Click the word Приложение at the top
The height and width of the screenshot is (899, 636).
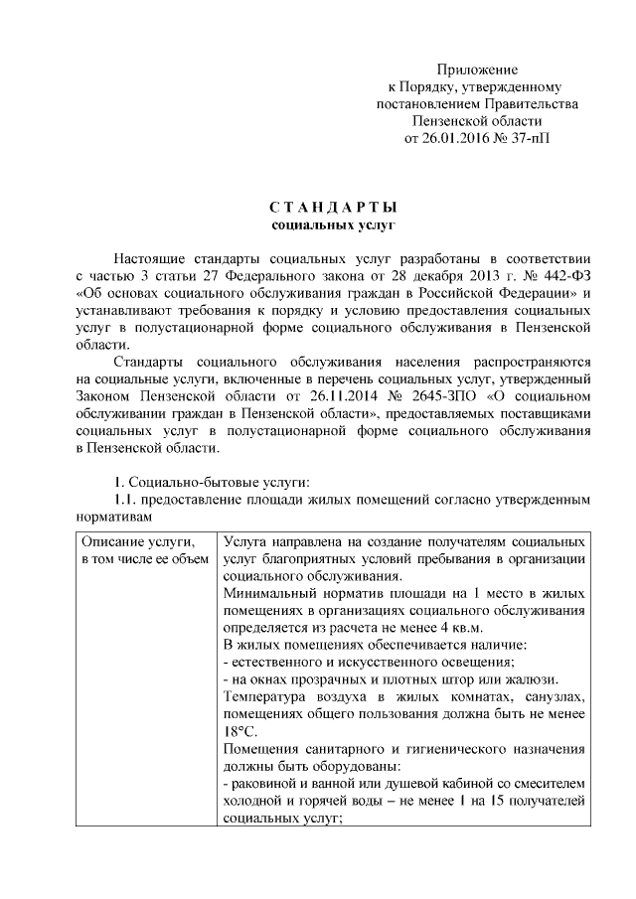pyautogui.click(x=478, y=70)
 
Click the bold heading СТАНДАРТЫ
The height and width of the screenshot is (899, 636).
pyautogui.click(x=333, y=208)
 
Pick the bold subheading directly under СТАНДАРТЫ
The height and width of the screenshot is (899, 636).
pyautogui.click(x=333, y=225)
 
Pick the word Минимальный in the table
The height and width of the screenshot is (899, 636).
pyautogui.click(x=268, y=593)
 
